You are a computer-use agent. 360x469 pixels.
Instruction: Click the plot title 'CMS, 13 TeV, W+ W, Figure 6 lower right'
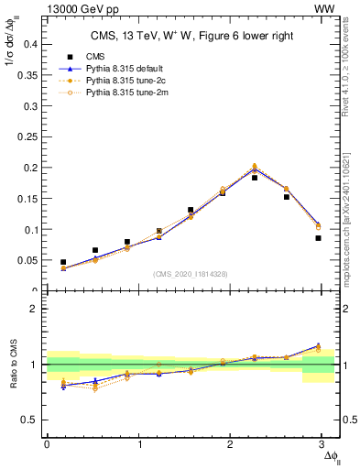pyautogui.click(x=191, y=37)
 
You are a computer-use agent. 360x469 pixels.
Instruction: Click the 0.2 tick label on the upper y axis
pyautogui.click(x=29, y=168)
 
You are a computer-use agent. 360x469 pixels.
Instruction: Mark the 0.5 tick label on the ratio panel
pyautogui.click(x=29, y=420)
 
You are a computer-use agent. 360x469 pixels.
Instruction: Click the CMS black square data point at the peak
pyautogui.click(x=255, y=178)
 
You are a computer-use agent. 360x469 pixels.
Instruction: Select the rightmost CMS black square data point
pyautogui.click(x=318, y=238)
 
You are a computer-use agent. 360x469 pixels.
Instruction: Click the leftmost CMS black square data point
pyautogui.click(x=63, y=262)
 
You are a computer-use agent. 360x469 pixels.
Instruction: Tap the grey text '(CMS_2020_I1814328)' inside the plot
pyautogui.click(x=191, y=275)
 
